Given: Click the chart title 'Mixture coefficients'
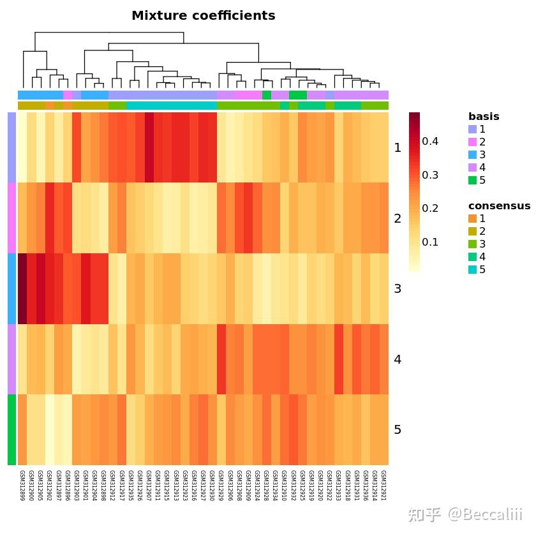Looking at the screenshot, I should click(203, 16).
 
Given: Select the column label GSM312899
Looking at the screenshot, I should click(22, 486).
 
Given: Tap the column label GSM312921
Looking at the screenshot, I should click(383, 486).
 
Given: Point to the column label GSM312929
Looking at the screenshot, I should click(221, 486).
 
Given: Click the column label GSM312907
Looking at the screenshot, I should click(149, 486).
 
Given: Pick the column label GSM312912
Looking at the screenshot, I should click(112, 486).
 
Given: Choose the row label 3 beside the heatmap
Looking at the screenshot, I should click(398, 289).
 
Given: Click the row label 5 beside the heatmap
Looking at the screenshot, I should click(398, 430).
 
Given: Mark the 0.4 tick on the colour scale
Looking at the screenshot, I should click(430, 142).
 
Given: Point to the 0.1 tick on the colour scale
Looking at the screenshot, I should click(430, 242).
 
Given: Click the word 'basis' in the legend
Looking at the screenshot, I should click(484, 117).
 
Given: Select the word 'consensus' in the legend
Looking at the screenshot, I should click(499, 206).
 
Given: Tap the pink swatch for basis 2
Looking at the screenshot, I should click(472, 142).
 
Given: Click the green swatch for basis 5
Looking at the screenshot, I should click(472, 181).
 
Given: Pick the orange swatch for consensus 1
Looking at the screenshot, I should click(472, 219).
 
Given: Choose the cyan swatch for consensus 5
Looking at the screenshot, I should click(472, 270).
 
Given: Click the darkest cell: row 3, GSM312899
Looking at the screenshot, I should click(22, 289).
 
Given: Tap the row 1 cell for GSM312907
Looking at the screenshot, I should click(149, 147).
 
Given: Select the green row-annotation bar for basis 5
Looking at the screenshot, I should click(11, 430).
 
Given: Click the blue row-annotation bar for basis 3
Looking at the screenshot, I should click(11, 289).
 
